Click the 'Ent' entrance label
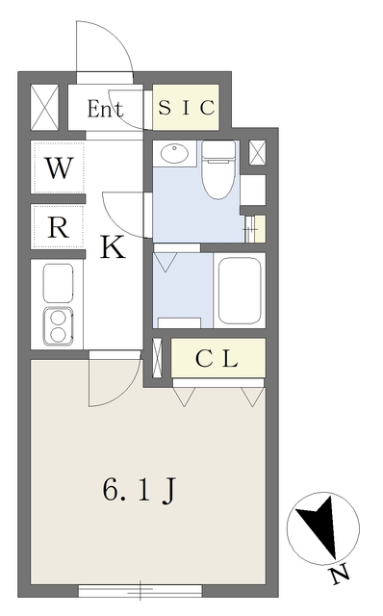coord(106,109)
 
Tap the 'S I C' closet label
coord(187,108)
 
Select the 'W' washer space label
coord(59,168)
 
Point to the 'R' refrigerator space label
coord(59,228)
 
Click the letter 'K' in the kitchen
coord(113,249)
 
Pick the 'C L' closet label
coord(217,360)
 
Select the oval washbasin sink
coord(174,153)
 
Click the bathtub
coord(240,290)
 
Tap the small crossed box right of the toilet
coord(257,153)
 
